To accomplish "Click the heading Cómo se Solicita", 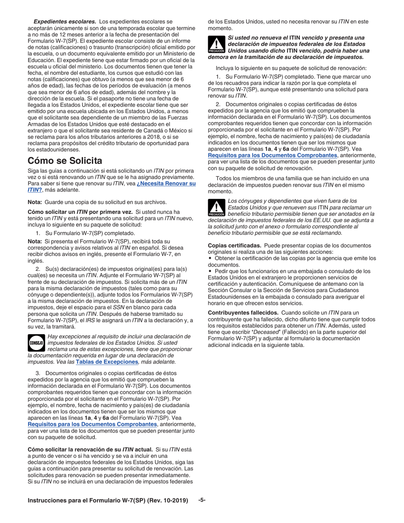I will click(65, 161).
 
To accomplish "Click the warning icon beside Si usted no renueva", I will click(216, 45).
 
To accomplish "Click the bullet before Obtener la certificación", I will click(210, 258).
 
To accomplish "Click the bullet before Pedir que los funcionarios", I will click(210, 271).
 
